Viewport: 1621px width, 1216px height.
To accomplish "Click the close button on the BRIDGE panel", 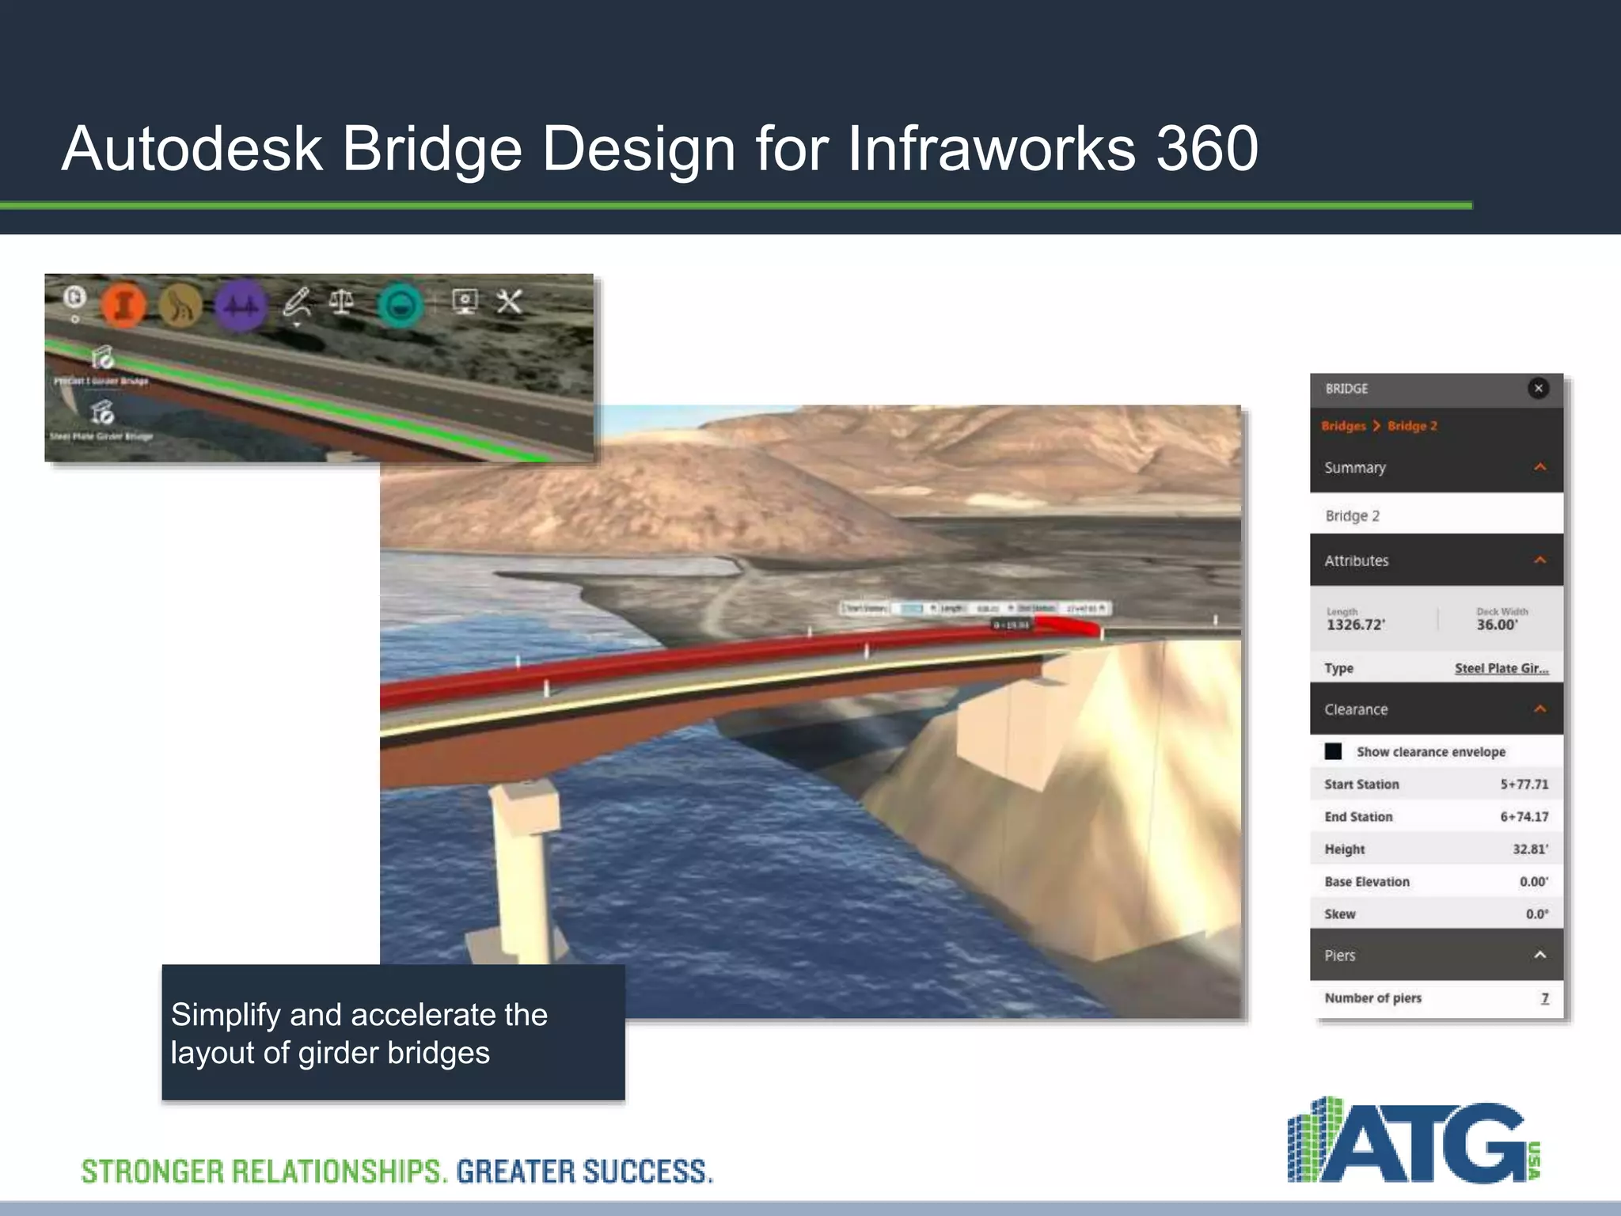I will [1538, 388].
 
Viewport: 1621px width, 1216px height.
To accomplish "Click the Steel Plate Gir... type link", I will [1501, 668].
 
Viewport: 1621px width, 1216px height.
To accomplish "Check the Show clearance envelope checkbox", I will [1334, 751].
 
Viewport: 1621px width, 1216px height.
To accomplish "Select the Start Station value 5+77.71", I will [1524, 785].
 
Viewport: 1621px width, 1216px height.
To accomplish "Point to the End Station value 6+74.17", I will [1524, 817].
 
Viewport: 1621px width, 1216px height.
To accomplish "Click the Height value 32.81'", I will [1530, 849].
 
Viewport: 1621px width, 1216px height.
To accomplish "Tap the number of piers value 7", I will [1544, 998].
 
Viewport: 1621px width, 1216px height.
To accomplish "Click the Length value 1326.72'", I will [1356, 625].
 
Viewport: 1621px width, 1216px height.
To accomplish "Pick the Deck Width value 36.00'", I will [1497, 625].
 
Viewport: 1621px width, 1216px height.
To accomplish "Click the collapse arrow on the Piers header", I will [1539, 955].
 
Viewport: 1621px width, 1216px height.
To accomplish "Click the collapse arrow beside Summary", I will [1539, 467].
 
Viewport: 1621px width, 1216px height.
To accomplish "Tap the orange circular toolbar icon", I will [123, 305].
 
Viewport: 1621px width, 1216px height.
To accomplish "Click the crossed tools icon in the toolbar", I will [509, 301].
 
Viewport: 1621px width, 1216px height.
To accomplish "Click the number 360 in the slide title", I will [1206, 148].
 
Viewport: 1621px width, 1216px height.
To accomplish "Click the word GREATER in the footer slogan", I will [516, 1172].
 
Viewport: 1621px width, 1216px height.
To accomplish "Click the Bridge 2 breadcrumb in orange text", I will [1412, 426].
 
